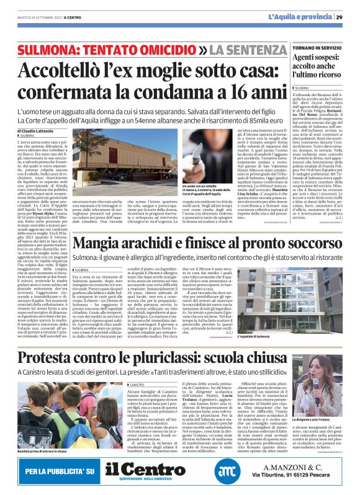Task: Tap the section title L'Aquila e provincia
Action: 300,17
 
